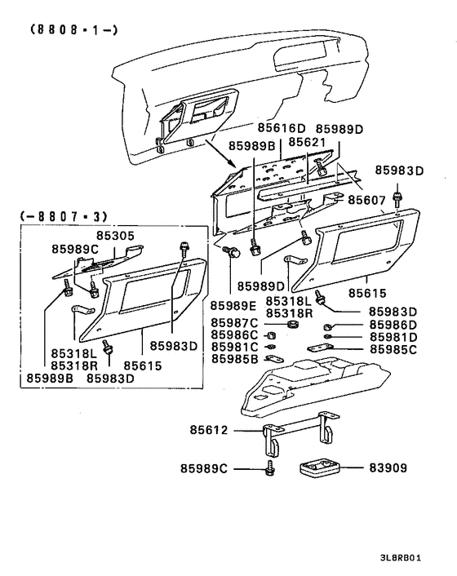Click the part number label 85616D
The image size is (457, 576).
[282, 129]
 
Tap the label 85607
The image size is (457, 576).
[370, 199]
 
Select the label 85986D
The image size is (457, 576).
[393, 325]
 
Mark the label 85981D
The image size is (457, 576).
[393, 336]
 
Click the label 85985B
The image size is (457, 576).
[234, 358]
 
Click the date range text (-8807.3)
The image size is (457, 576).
[62, 217]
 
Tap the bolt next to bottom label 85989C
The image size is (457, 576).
[269, 469]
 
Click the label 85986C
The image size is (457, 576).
[234, 335]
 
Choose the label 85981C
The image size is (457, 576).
[234, 347]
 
